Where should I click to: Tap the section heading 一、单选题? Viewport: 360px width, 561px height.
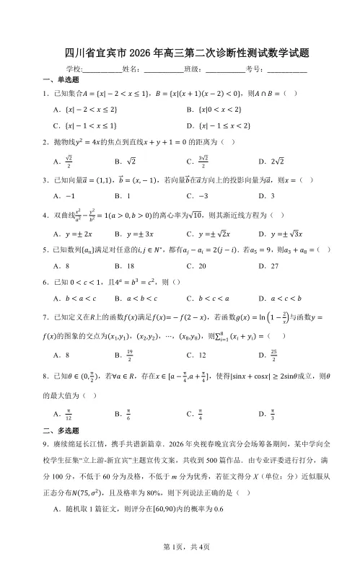coord(61,80)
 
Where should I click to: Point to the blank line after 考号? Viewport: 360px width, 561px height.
coord(286,70)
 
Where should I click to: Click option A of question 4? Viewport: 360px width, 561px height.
coord(76,233)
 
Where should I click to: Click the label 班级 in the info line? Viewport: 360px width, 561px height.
coord(191,69)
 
